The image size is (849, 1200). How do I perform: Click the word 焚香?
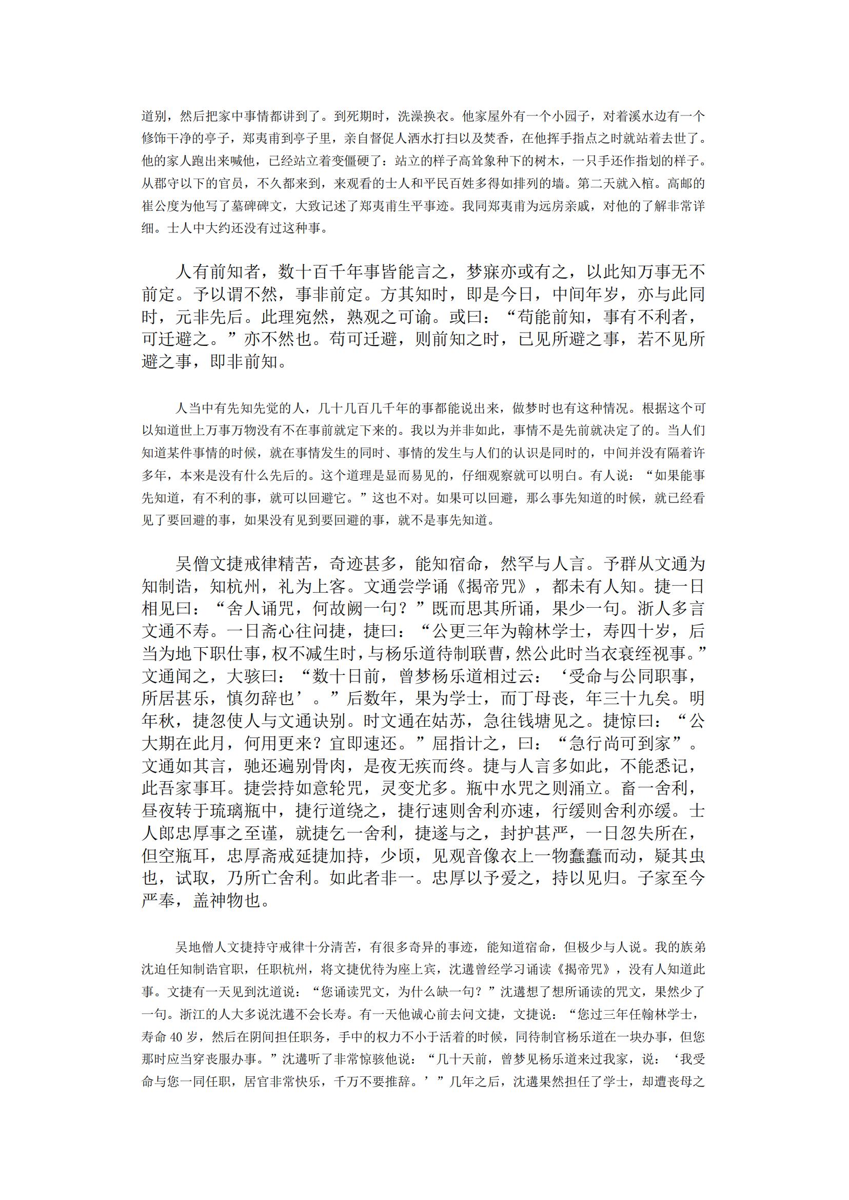pos(500,139)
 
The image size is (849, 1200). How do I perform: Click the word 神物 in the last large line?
pos(219,901)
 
